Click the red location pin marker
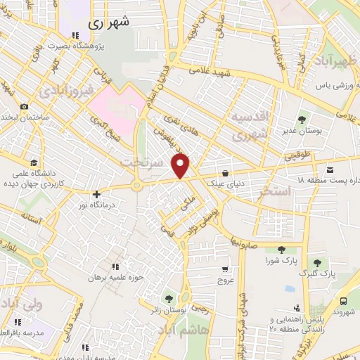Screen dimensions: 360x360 tap(181, 166)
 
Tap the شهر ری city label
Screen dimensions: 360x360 tap(110, 22)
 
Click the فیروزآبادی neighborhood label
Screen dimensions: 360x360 tap(65, 91)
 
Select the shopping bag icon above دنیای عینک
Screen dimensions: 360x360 tap(224, 172)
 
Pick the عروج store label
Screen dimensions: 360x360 tap(224, 281)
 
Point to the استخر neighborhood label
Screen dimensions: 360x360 tap(274, 191)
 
